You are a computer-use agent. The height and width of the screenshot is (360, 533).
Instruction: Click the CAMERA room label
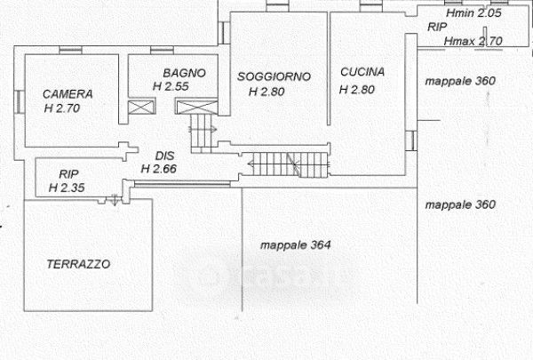(x=67, y=93)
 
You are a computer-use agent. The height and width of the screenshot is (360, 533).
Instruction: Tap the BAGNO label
(x=184, y=73)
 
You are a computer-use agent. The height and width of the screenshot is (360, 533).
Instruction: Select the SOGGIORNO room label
(x=274, y=76)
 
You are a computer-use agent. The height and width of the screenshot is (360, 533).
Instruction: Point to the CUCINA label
(x=362, y=73)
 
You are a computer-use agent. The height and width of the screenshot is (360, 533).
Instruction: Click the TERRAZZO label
(x=78, y=264)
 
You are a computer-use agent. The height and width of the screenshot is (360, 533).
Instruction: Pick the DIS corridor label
(x=163, y=155)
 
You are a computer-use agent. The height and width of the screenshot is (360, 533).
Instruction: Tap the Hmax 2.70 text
(x=473, y=40)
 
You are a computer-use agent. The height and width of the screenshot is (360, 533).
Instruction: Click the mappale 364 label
(x=295, y=245)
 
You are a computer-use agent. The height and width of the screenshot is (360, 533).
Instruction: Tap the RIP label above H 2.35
(x=68, y=174)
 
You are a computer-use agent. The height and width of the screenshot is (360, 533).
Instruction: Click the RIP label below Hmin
(x=437, y=28)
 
